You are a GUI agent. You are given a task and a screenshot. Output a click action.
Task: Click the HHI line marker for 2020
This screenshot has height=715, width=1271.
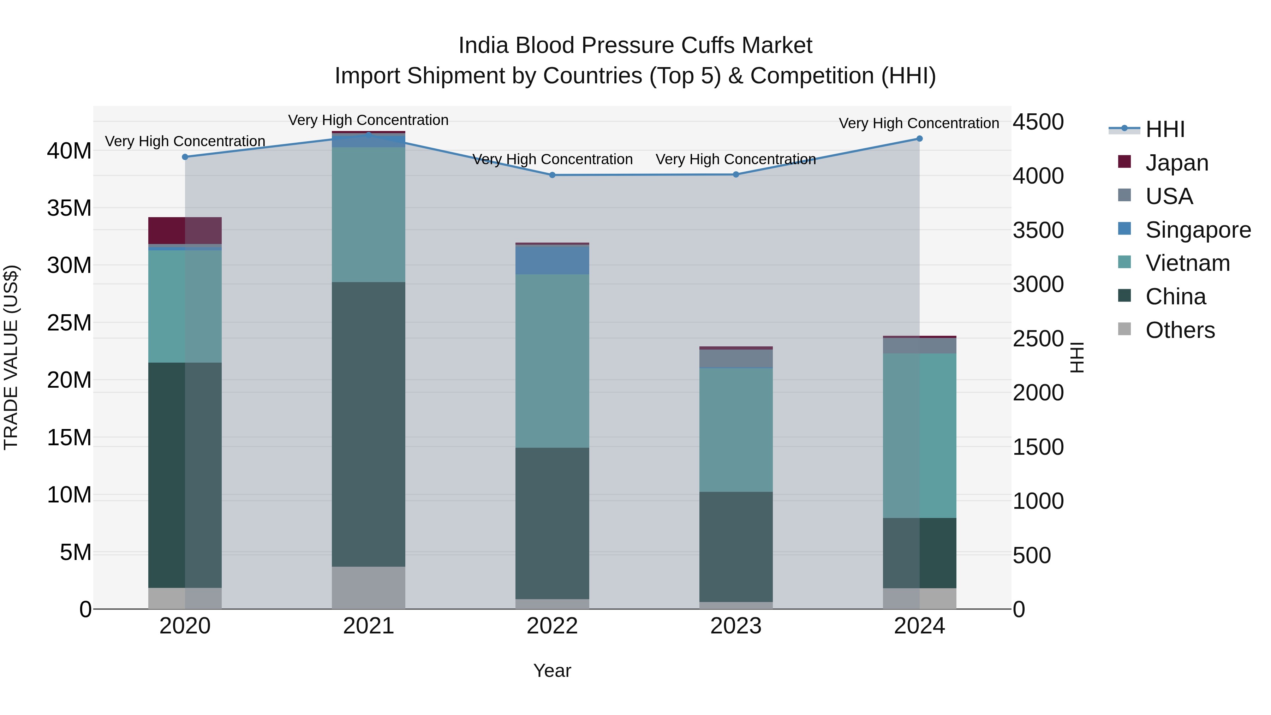pos(185,157)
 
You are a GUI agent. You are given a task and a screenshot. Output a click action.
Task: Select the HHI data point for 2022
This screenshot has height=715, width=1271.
pos(552,175)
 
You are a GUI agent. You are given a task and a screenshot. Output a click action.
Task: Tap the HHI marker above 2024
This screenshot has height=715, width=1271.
pos(919,139)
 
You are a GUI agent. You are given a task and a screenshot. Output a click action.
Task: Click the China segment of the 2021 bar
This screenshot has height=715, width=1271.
pos(369,424)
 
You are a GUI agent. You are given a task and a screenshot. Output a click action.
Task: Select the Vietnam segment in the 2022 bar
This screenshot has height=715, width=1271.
pos(552,361)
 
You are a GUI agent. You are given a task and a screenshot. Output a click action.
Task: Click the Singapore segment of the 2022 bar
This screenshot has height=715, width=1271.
pos(552,260)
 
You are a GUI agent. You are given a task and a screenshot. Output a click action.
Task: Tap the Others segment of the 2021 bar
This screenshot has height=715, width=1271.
pos(369,587)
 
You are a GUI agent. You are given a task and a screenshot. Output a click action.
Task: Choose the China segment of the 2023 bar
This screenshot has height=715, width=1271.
pos(736,546)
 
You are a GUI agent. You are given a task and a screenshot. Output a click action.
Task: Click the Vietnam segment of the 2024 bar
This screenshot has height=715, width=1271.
pos(919,435)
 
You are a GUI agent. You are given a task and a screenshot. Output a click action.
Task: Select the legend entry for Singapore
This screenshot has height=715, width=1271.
pos(1198,230)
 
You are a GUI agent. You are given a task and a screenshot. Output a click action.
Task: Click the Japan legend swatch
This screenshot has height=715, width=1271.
pos(1124,162)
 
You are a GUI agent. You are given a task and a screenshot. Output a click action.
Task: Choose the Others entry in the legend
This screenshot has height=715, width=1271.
pos(1180,330)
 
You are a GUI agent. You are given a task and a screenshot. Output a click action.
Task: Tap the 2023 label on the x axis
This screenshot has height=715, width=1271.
pos(736,626)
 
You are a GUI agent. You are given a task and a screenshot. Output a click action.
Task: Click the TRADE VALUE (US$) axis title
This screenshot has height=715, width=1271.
pos(11,357)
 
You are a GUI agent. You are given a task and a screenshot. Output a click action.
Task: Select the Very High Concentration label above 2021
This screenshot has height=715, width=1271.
pos(368,120)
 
